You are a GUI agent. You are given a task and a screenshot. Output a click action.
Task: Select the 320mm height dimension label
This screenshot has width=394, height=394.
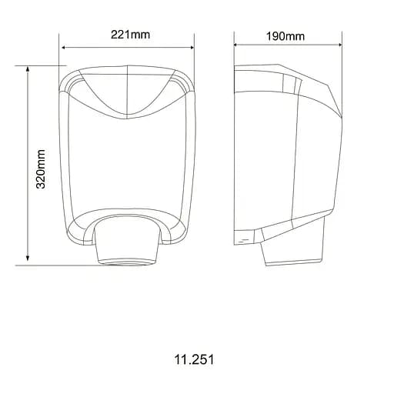[x=42, y=169]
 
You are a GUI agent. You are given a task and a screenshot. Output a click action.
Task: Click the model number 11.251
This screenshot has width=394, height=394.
[x=195, y=359]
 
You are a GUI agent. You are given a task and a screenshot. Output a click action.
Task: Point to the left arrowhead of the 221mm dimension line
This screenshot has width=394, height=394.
[x=63, y=46]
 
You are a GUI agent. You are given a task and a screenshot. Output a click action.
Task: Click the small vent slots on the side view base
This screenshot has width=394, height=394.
[x=245, y=240]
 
